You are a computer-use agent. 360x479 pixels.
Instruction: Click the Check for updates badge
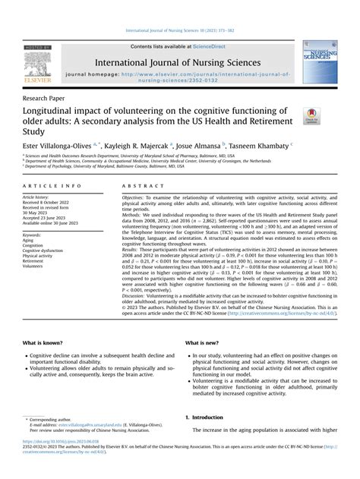pos(311,117)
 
